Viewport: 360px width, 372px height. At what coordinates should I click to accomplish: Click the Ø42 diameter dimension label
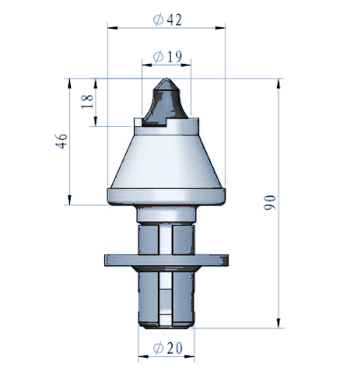pyautogui.click(x=167, y=19)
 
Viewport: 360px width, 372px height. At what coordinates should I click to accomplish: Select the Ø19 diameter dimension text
pyautogui.click(x=167, y=56)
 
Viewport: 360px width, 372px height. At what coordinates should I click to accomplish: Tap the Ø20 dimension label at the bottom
pyautogui.click(x=167, y=347)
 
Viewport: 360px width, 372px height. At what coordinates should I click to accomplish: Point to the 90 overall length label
pyautogui.click(x=270, y=202)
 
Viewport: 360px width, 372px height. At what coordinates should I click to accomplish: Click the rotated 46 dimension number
pyautogui.click(x=61, y=141)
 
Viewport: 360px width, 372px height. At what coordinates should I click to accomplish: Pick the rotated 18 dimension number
pyautogui.click(x=88, y=102)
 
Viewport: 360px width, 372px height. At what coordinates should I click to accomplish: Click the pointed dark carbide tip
pyautogui.click(x=166, y=102)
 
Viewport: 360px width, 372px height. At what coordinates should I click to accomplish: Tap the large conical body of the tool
pyautogui.click(x=166, y=162)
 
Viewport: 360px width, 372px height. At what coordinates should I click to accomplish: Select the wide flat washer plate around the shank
pyautogui.click(x=166, y=260)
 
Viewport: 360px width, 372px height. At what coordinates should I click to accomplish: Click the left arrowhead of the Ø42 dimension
pyautogui.click(x=113, y=28)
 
